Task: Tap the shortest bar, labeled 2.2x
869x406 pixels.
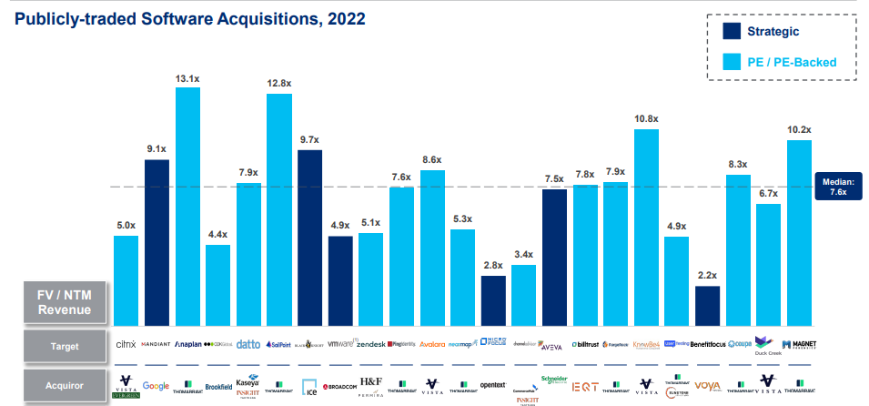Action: (707, 306)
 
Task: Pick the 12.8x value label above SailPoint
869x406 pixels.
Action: (278, 84)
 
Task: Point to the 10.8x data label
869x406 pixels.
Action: (646, 119)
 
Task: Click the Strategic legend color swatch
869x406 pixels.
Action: (731, 31)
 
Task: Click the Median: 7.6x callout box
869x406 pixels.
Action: (837, 186)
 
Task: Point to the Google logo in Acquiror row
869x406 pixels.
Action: (157, 385)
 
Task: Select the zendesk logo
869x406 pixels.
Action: (370, 345)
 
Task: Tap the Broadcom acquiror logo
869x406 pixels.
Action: (340, 385)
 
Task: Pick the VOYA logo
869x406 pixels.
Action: (707, 385)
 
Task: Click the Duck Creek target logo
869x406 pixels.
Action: (768, 346)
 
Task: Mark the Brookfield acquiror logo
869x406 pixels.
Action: (217, 386)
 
